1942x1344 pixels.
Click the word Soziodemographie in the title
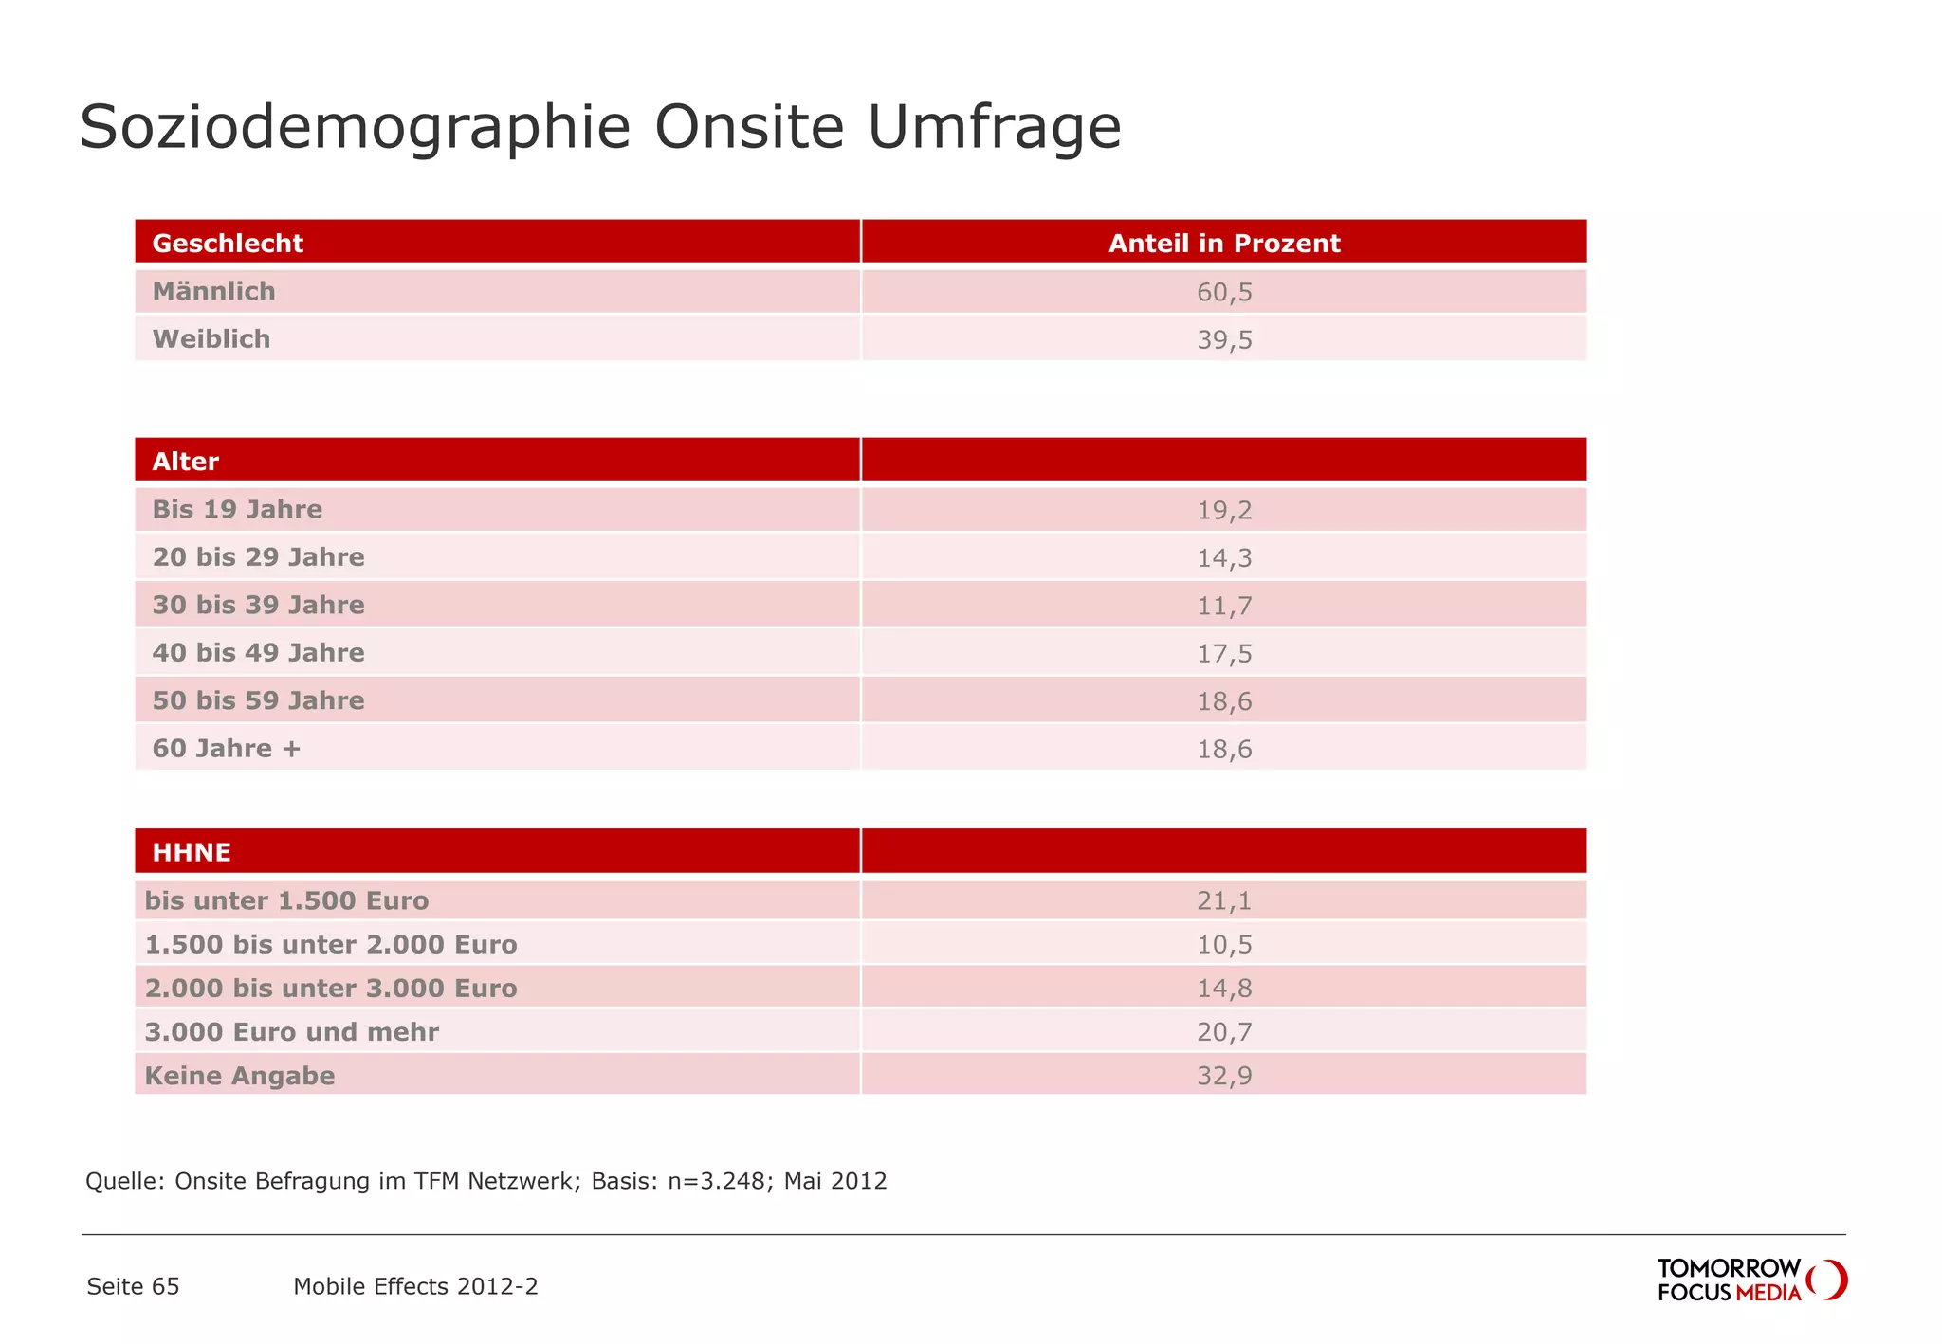coord(355,127)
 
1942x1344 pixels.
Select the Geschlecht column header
coord(228,244)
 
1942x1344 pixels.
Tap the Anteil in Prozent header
coord(1224,244)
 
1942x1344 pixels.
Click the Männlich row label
coord(214,291)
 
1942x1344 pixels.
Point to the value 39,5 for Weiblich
coord(1224,339)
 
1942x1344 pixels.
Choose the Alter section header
coord(186,462)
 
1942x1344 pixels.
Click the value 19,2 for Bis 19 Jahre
coord(1224,510)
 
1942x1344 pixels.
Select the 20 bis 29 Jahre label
coord(258,557)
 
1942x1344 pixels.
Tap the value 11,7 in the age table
coord(1224,606)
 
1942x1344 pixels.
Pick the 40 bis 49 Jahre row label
coord(258,653)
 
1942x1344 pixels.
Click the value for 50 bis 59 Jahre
coord(1224,701)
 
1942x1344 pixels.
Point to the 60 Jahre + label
coord(227,749)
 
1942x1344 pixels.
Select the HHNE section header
coord(192,852)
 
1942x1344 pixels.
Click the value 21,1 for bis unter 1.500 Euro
coord(1224,900)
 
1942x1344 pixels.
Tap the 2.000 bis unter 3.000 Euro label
coord(331,989)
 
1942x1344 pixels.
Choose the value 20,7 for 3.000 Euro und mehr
coord(1224,1032)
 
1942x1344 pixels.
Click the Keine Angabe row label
coord(240,1076)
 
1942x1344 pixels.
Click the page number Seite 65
coord(133,1286)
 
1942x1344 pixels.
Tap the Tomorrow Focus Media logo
coord(1750,1280)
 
